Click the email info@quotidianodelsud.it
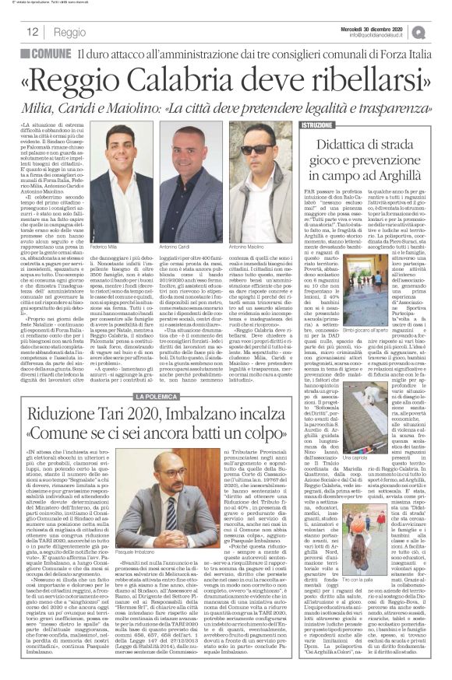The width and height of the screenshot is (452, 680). pyautogui.click(x=381, y=35)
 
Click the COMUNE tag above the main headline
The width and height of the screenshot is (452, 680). pyautogui.click(x=51, y=54)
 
